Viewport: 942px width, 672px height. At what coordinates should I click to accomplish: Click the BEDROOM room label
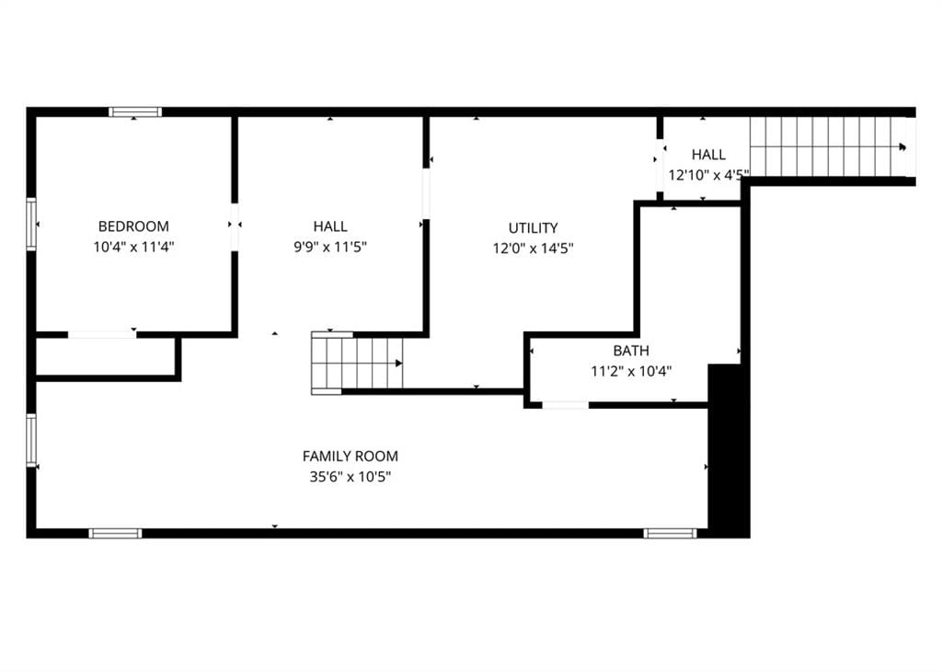(133, 226)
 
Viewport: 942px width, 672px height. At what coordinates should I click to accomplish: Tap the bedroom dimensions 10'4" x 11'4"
(133, 247)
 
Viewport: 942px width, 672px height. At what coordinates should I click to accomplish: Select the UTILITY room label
(533, 228)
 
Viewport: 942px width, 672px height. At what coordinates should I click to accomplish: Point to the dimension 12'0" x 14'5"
(533, 249)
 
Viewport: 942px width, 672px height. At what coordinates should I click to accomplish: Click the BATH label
(631, 351)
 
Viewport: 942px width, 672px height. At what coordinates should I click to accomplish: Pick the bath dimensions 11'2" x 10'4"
(631, 372)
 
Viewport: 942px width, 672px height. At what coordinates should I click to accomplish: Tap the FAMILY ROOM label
(350, 457)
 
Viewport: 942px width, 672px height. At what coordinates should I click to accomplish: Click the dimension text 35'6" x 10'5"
(350, 477)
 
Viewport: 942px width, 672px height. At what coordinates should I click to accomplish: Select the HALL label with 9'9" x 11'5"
(330, 226)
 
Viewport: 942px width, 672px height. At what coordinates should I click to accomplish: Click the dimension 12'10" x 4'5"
(709, 176)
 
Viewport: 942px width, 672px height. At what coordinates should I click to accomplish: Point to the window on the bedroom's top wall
(135, 111)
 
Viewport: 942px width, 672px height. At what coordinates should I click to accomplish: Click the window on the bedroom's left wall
(31, 224)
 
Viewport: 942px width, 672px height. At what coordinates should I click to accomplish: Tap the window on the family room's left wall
(31, 440)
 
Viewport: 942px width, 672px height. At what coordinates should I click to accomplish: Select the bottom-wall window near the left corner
(115, 533)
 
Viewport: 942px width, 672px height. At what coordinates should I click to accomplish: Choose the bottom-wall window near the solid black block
(671, 533)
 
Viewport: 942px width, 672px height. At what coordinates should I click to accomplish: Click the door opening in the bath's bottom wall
(566, 405)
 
